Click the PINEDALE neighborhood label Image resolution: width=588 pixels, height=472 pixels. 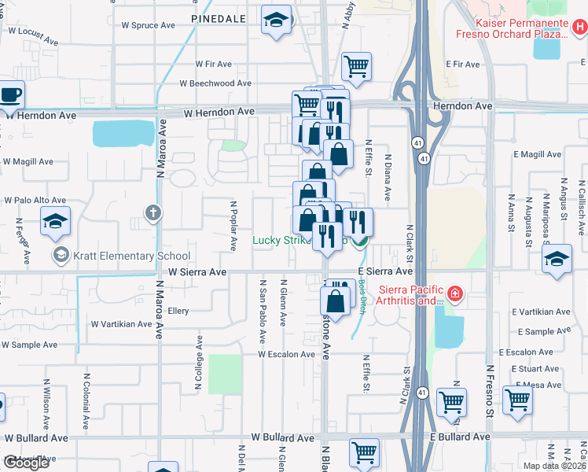pos(219,17)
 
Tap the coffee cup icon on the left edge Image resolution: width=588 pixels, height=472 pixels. pos(11,95)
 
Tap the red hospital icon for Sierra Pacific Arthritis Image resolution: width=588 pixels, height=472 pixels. pos(454,295)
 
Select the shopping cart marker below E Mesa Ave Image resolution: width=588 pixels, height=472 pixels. pos(518,400)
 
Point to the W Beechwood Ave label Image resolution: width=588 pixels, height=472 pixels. pos(215,83)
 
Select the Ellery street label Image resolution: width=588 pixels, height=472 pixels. pos(178,311)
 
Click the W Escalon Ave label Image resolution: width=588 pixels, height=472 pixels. pos(286,354)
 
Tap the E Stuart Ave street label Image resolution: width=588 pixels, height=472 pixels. pos(534,368)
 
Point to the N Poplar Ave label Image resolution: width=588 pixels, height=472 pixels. pos(233,225)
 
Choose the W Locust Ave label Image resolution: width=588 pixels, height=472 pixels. pos(33,35)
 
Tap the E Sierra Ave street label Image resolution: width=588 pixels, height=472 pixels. pos(384,271)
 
